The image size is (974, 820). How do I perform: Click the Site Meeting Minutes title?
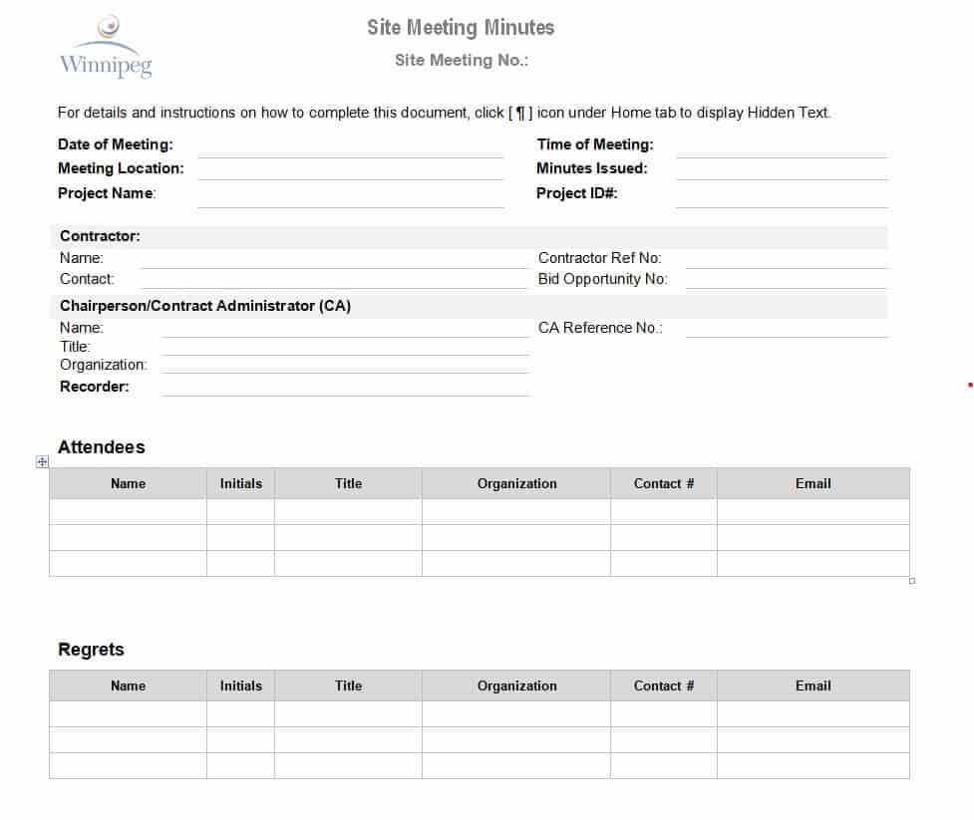[461, 28]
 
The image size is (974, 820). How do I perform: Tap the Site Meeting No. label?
[461, 61]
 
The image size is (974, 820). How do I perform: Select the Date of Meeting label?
[115, 144]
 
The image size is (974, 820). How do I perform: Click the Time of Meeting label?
[595, 144]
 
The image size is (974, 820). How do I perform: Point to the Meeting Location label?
[121, 168]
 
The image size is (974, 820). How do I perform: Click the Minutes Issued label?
[591, 168]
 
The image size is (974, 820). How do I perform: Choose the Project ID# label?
[576, 193]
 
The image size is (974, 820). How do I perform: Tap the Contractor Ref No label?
[599, 258]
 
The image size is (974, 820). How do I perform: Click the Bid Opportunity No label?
[602, 279]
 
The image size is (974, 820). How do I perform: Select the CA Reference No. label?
[600, 328]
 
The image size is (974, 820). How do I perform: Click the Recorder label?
[95, 387]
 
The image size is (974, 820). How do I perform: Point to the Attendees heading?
[102, 447]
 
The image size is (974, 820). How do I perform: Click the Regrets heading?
[91, 650]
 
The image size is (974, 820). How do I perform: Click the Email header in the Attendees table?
[812, 483]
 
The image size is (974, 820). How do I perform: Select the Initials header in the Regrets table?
[240, 685]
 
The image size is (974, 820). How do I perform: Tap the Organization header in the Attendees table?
[516, 483]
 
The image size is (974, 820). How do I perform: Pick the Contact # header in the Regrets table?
[663, 685]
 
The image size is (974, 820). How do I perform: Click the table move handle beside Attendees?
[42, 461]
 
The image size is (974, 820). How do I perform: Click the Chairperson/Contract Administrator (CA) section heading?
[205, 306]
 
